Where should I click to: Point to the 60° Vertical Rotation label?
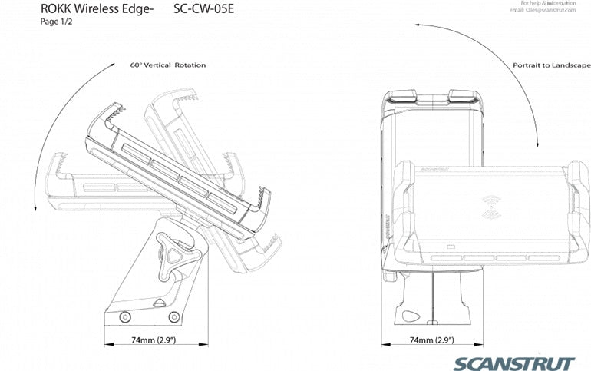click(167, 65)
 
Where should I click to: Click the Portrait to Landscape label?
click(551, 66)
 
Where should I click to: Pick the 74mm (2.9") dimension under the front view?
click(431, 340)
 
